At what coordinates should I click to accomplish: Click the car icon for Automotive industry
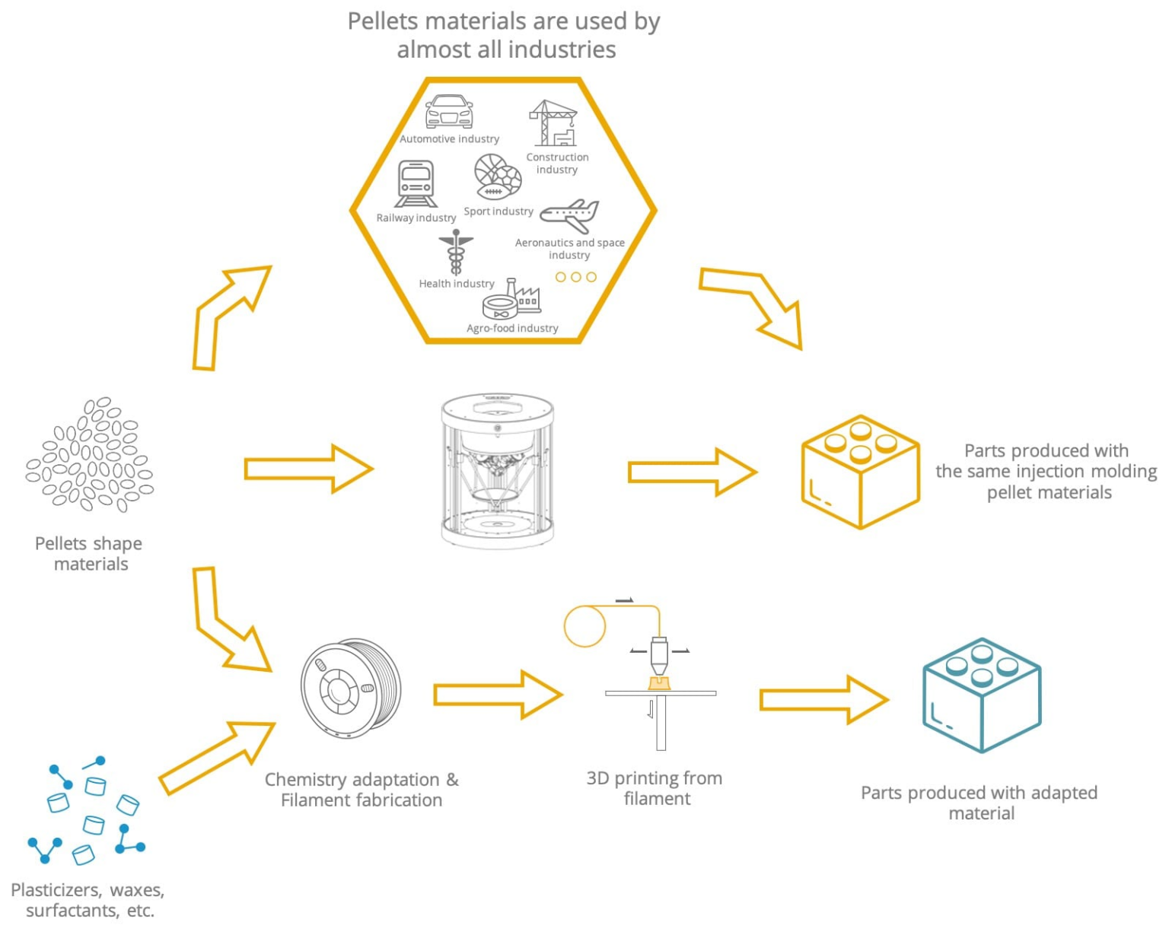tap(449, 112)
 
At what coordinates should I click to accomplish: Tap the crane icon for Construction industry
tap(553, 123)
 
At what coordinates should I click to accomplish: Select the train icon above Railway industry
tap(416, 183)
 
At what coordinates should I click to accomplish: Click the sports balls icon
tap(498, 177)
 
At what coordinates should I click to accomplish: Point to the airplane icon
tap(570, 215)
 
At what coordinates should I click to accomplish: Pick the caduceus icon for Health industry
tap(456, 253)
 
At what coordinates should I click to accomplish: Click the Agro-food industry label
tap(512, 328)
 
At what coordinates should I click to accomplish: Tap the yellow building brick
tap(860, 472)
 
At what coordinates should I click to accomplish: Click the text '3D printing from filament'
tap(655, 788)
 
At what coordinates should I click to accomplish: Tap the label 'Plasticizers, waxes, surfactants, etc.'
tap(88, 900)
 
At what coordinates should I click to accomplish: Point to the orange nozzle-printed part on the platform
tap(659, 683)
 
